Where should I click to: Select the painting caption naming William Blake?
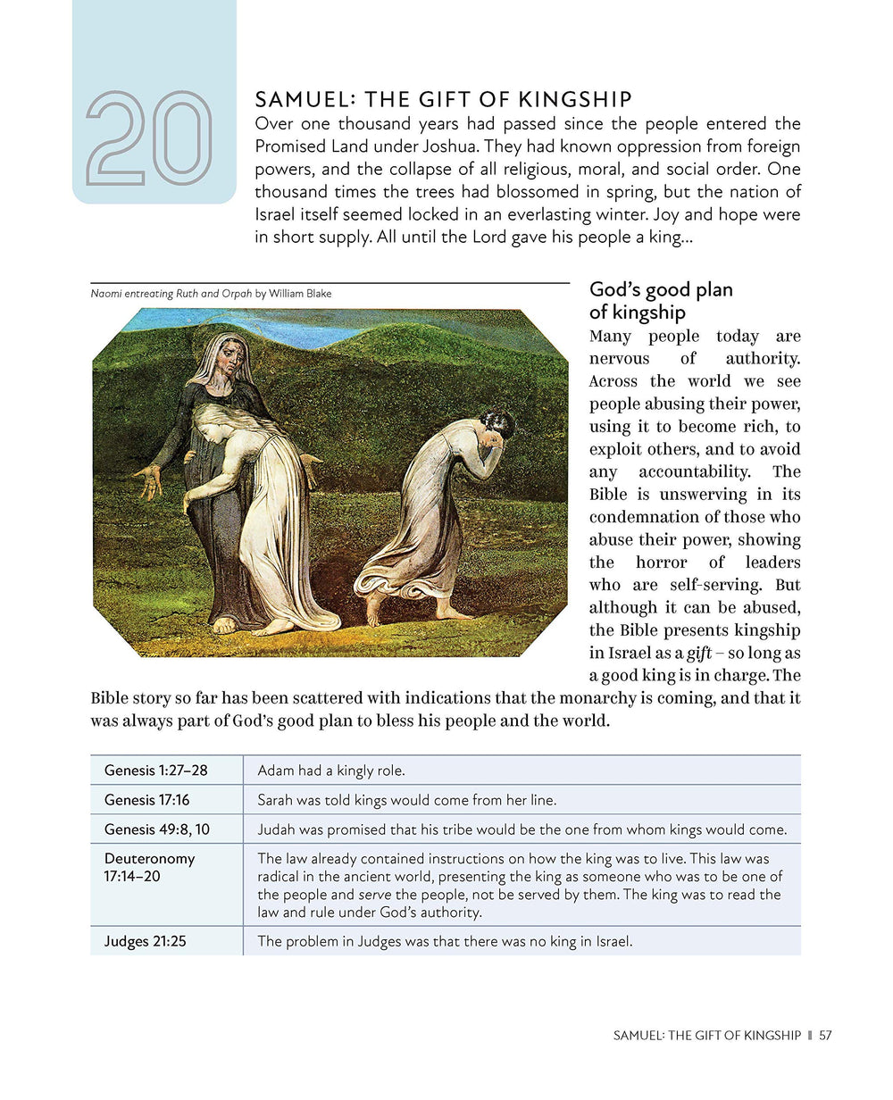pos(211,293)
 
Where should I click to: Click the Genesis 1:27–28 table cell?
pos(155,770)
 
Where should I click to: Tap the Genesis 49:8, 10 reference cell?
pos(157,829)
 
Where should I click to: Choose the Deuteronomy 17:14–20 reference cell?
pos(149,867)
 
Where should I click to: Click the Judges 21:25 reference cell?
pos(146,940)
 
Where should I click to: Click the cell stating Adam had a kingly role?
pos(331,770)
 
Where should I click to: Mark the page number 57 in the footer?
pos(825,1036)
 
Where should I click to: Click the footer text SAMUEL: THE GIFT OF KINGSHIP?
pos(707,1036)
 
